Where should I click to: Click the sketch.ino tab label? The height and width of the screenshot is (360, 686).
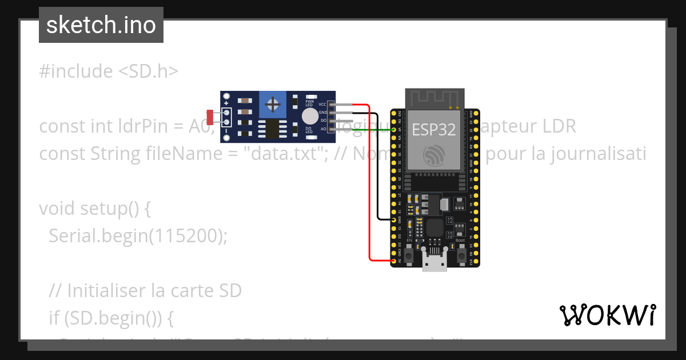[101, 25]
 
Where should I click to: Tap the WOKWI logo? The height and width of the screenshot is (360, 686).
[607, 315]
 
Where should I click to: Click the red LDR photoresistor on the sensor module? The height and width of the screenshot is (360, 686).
[210, 117]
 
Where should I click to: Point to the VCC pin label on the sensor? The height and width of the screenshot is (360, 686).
[322, 105]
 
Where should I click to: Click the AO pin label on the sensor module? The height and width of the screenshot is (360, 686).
[323, 129]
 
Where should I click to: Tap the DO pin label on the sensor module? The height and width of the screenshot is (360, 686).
[323, 121]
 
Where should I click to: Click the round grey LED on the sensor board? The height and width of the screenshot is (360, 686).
[309, 117]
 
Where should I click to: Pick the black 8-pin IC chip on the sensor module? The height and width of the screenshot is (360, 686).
[272, 129]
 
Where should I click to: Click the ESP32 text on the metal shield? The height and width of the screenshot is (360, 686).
[434, 130]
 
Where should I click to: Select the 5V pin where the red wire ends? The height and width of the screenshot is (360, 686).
[394, 261]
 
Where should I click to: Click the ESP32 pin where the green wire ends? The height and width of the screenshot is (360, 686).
[394, 130]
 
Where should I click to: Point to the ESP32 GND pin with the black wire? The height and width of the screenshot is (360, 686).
[394, 219]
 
